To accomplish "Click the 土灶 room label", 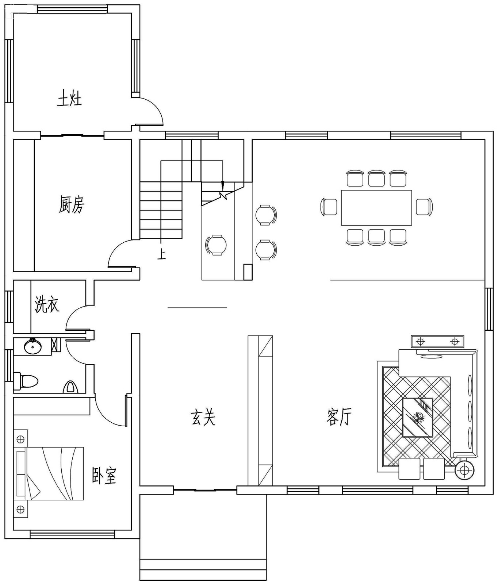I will [69, 99].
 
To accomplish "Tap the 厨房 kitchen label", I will [71, 204].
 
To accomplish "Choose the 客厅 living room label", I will [339, 417].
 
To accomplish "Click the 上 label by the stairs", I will [161, 254].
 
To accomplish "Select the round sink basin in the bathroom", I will [33, 346].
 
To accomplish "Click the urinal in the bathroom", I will [70, 387].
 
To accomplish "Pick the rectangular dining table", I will [376, 207].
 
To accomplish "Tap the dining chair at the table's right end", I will [424, 207].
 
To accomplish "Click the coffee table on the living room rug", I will [417, 417].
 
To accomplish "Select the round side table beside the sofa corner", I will [464, 470].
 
